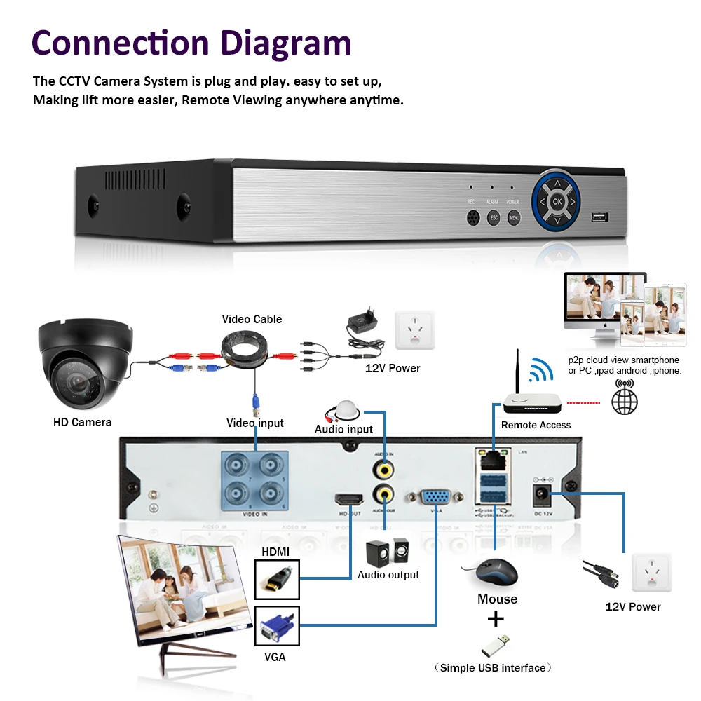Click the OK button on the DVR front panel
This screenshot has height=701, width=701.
[557, 201]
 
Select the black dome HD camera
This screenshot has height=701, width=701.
[84, 365]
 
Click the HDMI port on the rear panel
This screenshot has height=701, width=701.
[348, 500]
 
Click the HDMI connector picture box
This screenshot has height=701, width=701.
[277, 580]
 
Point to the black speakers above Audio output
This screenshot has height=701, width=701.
[387, 552]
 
